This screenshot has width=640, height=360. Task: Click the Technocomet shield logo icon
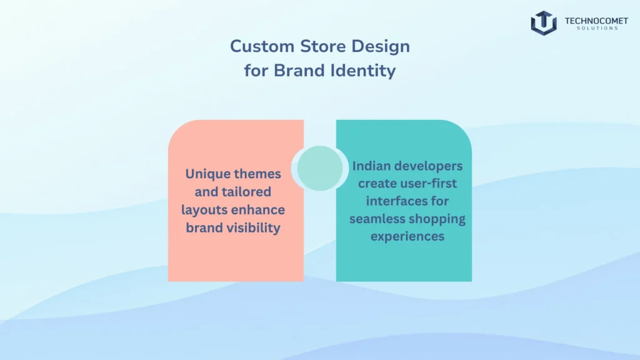[543, 23]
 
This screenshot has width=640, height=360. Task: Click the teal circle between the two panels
[320, 167]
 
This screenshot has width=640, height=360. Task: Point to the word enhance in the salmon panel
[259, 209]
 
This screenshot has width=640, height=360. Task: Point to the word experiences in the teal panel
[407, 236]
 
